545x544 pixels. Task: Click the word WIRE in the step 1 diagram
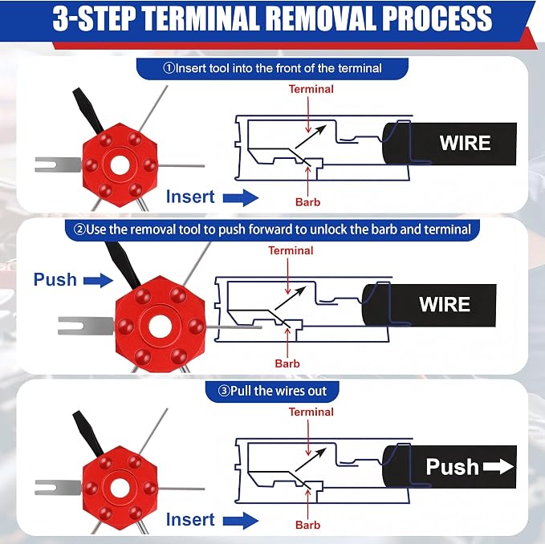pyautogui.click(x=465, y=143)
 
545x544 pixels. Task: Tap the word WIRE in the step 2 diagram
pyautogui.click(x=445, y=304)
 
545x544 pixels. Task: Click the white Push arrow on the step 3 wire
pyautogui.click(x=498, y=466)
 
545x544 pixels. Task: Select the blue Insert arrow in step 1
pyautogui.click(x=241, y=197)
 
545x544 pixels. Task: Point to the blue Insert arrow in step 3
pyautogui.click(x=241, y=521)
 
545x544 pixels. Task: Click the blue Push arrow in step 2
pyautogui.click(x=99, y=280)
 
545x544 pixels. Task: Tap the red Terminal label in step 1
pyautogui.click(x=311, y=89)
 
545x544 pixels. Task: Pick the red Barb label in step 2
pyautogui.click(x=287, y=363)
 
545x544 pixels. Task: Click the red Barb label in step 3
pyautogui.click(x=307, y=525)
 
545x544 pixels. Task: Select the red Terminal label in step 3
pyautogui.click(x=311, y=412)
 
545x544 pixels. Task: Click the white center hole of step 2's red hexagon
pyautogui.click(x=161, y=327)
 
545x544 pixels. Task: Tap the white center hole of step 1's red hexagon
pyautogui.click(x=120, y=165)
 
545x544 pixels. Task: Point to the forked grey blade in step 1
pyautogui.click(x=58, y=164)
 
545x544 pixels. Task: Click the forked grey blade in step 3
pyautogui.click(x=58, y=487)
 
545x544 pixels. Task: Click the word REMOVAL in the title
pyautogui.click(x=323, y=18)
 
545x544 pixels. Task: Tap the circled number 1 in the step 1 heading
pyautogui.click(x=169, y=67)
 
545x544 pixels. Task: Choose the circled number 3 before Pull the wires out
pyautogui.click(x=224, y=392)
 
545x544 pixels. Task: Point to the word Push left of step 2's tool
pyautogui.click(x=55, y=280)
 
